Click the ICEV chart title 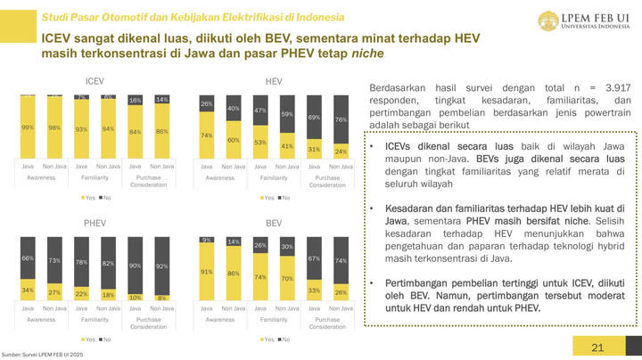[95, 81]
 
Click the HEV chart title [274, 81]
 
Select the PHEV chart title [95, 222]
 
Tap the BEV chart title [274, 222]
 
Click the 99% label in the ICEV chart [28, 127]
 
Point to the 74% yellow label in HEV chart [207, 135]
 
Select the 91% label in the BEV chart [207, 271]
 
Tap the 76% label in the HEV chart [340, 119]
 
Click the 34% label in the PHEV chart [28, 289]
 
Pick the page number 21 [598, 348]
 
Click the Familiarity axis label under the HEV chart [274, 176]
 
